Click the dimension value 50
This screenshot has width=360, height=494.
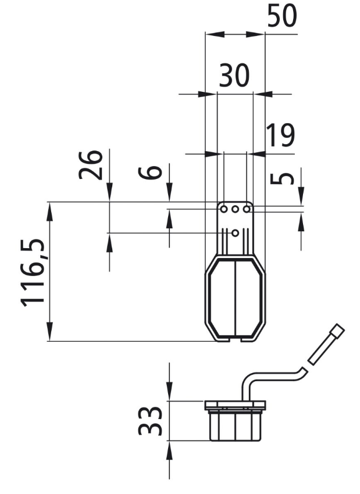[x=282, y=16]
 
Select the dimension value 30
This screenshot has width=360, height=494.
[x=234, y=76]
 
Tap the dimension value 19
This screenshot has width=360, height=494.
[x=280, y=135]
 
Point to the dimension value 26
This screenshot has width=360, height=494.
[x=91, y=164]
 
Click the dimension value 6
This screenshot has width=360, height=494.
[x=151, y=173]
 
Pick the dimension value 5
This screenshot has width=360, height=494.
[x=282, y=178]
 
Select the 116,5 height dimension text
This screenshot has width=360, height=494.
[x=33, y=273]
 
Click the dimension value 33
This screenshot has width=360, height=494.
[x=150, y=421]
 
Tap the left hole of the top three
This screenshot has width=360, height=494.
[x=224, y=209]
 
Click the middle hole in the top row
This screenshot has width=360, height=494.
[x=235, y=209]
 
